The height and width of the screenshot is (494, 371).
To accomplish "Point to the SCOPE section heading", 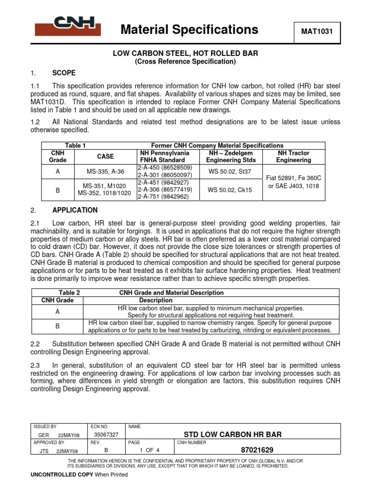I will tap(64, 73).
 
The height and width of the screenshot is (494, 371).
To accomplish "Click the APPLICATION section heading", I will tap(74, 210).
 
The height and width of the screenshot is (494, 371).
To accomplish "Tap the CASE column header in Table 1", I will tap(105, 156).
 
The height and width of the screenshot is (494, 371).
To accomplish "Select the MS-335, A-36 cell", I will tap(105, 171).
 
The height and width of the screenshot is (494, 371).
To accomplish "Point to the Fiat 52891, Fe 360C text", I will tap(293, 178).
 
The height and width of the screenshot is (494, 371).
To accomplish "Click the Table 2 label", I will tap(69, 293).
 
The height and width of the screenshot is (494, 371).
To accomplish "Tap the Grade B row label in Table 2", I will tap(57, 326).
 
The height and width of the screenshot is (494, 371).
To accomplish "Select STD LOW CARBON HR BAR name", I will tap(232, 434).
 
